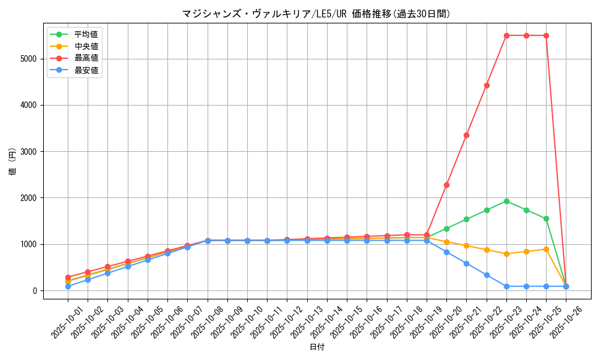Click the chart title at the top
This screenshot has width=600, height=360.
[316, 14]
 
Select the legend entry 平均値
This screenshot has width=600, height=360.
[86, 34]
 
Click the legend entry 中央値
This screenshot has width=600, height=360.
[86, 46]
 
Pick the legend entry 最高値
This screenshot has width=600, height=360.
[86, 58]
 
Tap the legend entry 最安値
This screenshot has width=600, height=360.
[86, 70]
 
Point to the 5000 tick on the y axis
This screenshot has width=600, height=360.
[28, 59]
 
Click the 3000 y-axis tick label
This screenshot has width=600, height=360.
[28, 152]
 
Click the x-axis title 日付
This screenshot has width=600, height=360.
[317, 347]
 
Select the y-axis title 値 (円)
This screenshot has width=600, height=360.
[13, 161]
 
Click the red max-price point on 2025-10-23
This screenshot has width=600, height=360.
[506, 35]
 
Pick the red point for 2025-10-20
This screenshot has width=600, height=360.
[446, 185]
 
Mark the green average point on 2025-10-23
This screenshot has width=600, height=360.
[506, 201]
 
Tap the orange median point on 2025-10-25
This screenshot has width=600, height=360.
[546, 249]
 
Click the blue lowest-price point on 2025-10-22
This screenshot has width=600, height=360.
[487, 275]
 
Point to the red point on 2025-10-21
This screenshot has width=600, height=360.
[466, 135]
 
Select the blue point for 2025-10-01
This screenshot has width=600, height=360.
[68, 286]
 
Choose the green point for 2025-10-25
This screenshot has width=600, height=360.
[546, 218]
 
